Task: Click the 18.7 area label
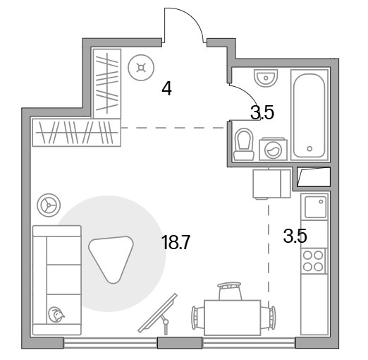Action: [176, 243]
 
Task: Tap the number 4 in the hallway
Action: [166, 88]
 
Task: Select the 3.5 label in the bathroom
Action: [262, 112]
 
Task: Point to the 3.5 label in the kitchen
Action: [295, 236]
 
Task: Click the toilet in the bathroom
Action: [244, 144]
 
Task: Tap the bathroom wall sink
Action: [266, 77]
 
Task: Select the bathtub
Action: [309, 115]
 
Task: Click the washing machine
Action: [273, 149]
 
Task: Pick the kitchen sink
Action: [315, 206]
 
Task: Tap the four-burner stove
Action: [314, 260]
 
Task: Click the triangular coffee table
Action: [111, 258]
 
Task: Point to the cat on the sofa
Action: [56, 315]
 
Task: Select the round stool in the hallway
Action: [141, 68]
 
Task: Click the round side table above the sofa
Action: [49, 205]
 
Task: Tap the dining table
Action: [233, 318]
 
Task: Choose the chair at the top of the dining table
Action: [230, 291]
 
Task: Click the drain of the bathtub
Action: [309, 148]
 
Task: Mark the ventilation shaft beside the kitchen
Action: [314, 176]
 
